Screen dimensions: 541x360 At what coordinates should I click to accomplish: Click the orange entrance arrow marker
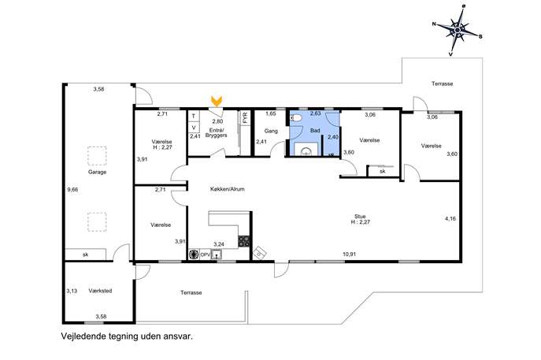pyautogui.click(x=217, y=101)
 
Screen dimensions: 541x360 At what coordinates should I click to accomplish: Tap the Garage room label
pyautogui.click(x=97, y=172)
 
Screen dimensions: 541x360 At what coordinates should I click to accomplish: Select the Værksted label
pyautogui.click(x=100, y=291)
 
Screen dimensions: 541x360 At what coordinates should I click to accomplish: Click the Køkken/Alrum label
pyautogui.click(x=228, y=189)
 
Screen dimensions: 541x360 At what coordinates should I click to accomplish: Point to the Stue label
pyautogui.click(x=360, y=217)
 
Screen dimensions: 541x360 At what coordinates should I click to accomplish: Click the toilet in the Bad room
pyautogui.click(x=297, y=118)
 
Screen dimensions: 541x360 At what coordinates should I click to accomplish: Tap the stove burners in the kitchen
pyautogui.click(x=244, y=240)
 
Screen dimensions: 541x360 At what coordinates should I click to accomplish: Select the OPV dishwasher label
pyautogui.click(x=205, y=254)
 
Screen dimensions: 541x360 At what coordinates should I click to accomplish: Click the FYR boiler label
pyautogui.click(x=246, y=118)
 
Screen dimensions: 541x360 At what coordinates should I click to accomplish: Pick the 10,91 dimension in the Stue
pyautogui.click(x=349, y=254)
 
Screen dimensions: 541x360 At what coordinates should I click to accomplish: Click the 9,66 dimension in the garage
pyautogui.click(x=72, y=189)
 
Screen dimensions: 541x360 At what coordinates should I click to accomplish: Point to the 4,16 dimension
pyautogui.click(x=450, y=218)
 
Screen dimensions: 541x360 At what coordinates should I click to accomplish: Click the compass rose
pyautogui.click(x=458, y=31)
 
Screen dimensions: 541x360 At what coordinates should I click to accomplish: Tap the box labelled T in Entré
pyautogui.click(x=194, y=116)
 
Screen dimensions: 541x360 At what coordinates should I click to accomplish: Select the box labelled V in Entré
pyautogui.click(x=194, y=128)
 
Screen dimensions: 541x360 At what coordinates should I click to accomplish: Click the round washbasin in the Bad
pyautogui.click(x=306, y=151)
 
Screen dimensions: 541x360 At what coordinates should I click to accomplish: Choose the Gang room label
pyautogui.click(x=271, y=132)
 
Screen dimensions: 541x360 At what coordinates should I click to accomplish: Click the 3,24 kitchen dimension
pyautogui.click(x=219, y=244)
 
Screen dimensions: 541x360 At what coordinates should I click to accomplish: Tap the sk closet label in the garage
pyautogui.click(x=85, y=254)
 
